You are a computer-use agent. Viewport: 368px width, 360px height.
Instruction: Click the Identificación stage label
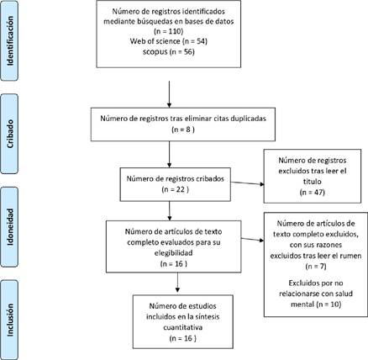pos(10,41)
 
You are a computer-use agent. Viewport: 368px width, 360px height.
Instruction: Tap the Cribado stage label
pos(10,134)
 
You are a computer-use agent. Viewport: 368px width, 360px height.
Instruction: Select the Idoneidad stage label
pos(10,227)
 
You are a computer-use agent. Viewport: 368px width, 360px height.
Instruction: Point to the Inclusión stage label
pos(10,320)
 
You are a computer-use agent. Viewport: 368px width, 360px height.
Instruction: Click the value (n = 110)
pos(169,31)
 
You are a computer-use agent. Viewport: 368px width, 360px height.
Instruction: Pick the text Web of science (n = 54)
pos(169,41)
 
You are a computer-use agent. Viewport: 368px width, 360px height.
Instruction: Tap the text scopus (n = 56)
pos(169,52)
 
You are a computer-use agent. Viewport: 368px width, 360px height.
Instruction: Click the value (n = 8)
pos(183,130)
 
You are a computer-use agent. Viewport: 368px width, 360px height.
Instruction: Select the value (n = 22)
pos(176,189)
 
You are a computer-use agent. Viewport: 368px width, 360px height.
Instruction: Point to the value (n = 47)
pos(313,193)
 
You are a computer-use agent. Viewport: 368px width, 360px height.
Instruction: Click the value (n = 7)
pos(316,266)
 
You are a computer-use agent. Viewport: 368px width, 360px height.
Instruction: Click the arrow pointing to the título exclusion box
pos(247,183)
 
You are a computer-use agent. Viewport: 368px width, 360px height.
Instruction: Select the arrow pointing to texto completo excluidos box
pos(252,240)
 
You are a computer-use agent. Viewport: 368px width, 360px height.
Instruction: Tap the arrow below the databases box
pos(169,94)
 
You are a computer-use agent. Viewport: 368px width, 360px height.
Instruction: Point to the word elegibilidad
pos(174,253)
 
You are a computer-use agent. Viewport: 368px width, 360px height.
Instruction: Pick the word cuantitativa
pos(183,327)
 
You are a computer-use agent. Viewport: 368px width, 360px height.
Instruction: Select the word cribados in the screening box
pos(210,178)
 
